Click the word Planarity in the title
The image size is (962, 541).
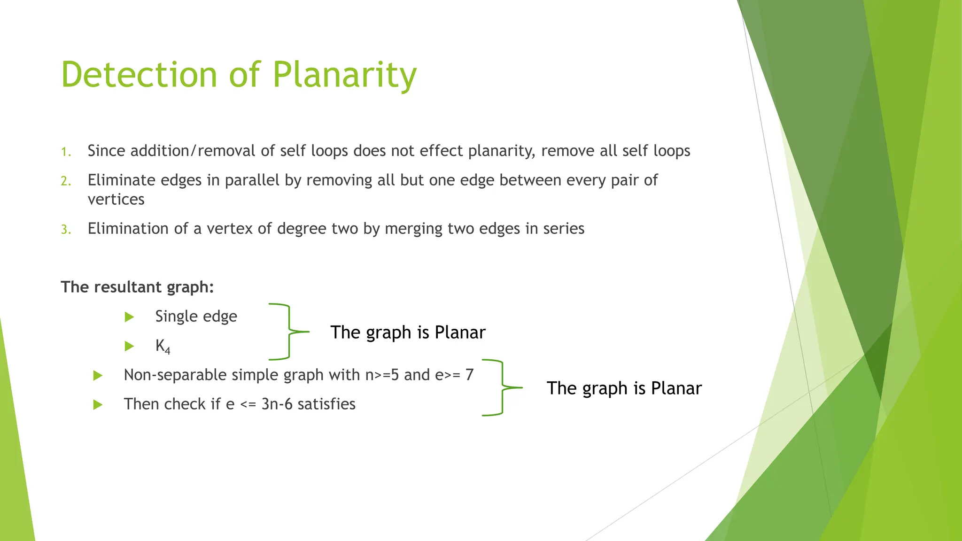coord(344,75)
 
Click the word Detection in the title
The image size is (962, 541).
coord(139,75)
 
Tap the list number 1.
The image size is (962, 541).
coord(66,152)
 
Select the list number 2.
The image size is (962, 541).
coord(66,181)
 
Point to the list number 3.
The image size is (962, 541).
coord(66,230)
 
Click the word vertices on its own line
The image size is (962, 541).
coord(116,200)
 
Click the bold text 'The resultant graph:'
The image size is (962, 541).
coord(137,287)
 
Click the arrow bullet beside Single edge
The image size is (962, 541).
coord(130,317)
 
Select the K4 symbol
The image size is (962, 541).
coord(163,347)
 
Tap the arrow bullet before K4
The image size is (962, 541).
coord(130,347)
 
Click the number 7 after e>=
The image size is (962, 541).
coord(469,375)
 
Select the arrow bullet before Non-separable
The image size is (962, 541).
coord(98,376)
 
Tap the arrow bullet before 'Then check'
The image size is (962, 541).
coord(98,405)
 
